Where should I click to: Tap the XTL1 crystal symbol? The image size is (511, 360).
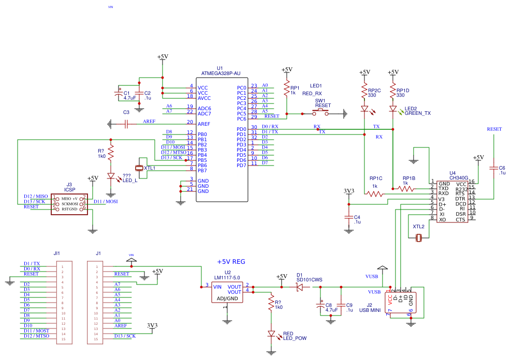point(139,168)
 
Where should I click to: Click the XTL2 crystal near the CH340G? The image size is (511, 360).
point(419,237)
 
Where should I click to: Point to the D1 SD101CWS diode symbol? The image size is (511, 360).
point(299,287)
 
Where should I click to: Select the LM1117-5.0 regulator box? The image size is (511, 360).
point(227,292)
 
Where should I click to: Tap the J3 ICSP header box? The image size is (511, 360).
point(69,203)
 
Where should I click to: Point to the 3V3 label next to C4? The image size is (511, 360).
point(349,191)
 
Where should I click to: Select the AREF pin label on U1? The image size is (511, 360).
point(203,124)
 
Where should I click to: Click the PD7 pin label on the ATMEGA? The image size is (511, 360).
point(241,166)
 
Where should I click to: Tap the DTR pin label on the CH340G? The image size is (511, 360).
point(460,199)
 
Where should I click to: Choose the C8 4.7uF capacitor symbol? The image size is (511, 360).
point(320,306)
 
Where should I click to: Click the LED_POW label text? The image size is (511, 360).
point(295,339)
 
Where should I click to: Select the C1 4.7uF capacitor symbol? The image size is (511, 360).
point(119,94)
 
